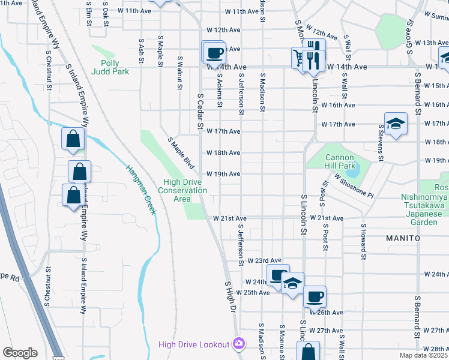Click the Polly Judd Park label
[110, 67]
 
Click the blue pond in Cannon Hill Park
[352, 170]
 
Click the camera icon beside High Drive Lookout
[240, 343]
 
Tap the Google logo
[20, 353]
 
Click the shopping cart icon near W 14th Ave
[298, 58]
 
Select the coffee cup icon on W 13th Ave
[214, 53]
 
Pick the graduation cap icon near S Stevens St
[396, 124]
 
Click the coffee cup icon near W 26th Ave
[315, 296]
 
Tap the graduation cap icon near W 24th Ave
[292, 283]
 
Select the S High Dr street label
[228, 296]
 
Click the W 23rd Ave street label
[268, 260]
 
